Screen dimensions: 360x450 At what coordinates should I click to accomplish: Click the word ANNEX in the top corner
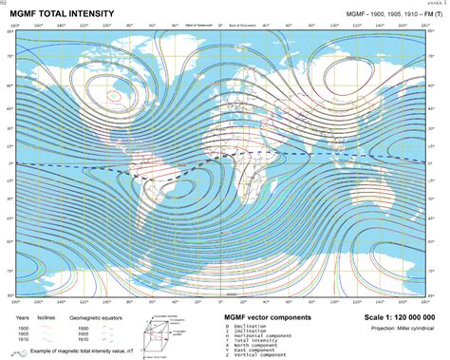click(x=438, y=3)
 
